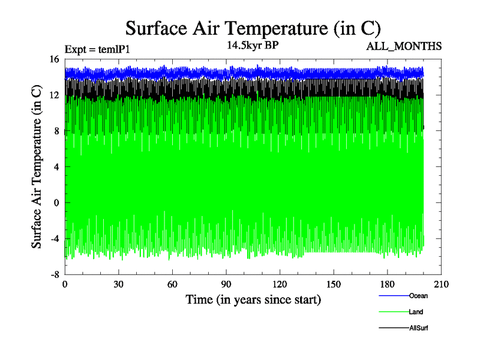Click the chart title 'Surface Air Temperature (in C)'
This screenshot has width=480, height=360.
click(x=253, y=28)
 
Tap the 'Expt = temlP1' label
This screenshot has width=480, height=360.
click(x=97, y=50)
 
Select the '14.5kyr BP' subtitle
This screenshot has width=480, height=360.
click(x=251, y=45)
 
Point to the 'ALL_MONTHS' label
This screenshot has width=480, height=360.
click(x=406, y=46)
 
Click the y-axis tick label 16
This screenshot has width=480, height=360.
click(x=54, y=59)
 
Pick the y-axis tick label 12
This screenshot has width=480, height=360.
click(x=54, y=95)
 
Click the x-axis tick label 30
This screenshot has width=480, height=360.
click(x=118, y=285)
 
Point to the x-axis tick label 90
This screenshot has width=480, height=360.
click(x=226, y=285)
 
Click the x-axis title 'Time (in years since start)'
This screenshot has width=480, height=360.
click(x=253, y=299)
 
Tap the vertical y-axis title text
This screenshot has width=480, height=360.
click(x=37, y=167)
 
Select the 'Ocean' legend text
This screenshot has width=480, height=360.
click(x=418, y=295)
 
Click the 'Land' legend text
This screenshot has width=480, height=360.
click(x=416, y=312)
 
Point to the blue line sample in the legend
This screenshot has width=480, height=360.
click(x=394, y=295)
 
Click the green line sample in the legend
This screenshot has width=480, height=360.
click(x=394, y=312)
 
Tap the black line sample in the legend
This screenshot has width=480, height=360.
click(x=394, y=328)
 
